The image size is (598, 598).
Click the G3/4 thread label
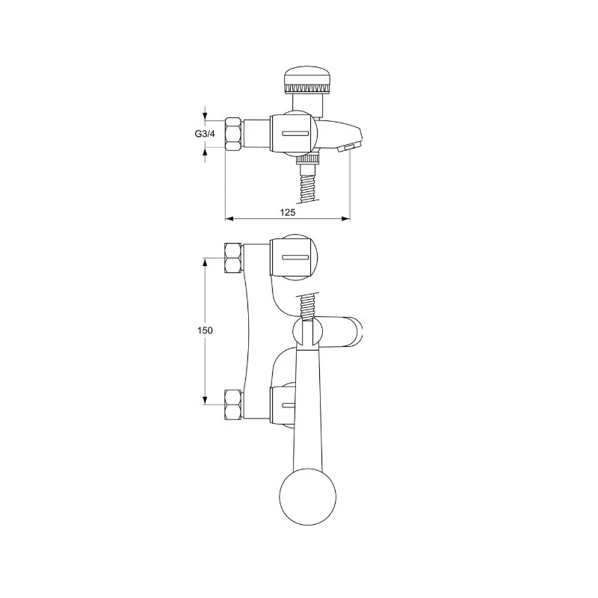[205, 134]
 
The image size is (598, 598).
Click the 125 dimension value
[288, 212]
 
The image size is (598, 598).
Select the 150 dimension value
[205, 330]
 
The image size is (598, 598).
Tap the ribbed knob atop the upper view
[307, 80]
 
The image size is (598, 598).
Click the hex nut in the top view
[233, 134]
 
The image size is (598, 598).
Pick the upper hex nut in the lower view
[233, 258]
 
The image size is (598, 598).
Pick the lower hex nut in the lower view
[233, 404]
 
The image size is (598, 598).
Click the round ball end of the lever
[308, 497]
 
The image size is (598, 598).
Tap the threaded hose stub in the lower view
[309, 306]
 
